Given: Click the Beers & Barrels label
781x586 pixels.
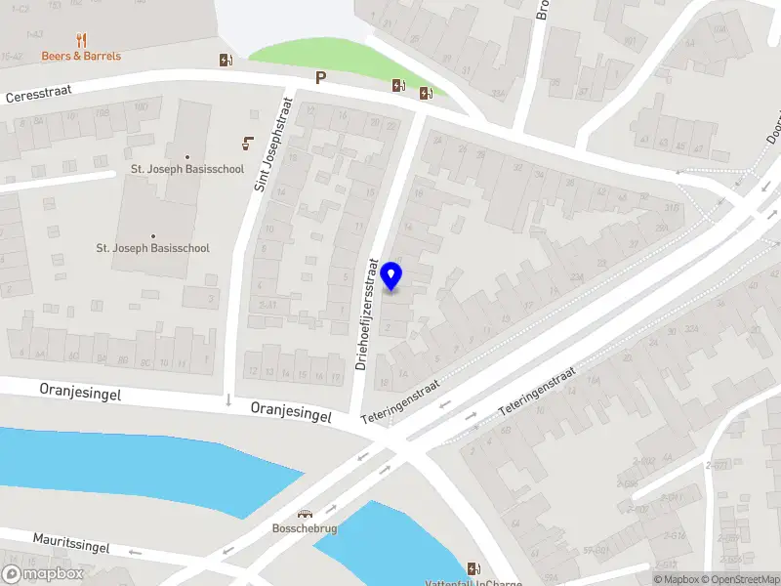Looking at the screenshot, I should [x=81, y=56].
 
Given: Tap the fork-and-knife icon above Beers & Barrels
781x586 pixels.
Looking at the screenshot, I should [x=81, y=40].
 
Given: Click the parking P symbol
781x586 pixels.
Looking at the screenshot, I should [x=320, y=78].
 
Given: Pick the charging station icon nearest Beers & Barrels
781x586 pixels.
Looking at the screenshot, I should [x=226, y=61].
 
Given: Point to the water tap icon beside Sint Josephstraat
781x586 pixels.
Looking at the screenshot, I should [x=246, y=144].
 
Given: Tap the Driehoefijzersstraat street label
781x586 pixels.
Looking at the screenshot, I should [x=360, y=313].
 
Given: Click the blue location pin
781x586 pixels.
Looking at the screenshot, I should [x=392, y=276].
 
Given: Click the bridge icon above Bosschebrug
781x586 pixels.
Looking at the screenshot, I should [x=306, y=515].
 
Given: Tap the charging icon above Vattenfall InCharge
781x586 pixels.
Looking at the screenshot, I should [x=473, y=568].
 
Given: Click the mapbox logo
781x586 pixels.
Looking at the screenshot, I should [x=43, y=574].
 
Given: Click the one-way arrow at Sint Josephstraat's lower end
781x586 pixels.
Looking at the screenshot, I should [x=228, y=399].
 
